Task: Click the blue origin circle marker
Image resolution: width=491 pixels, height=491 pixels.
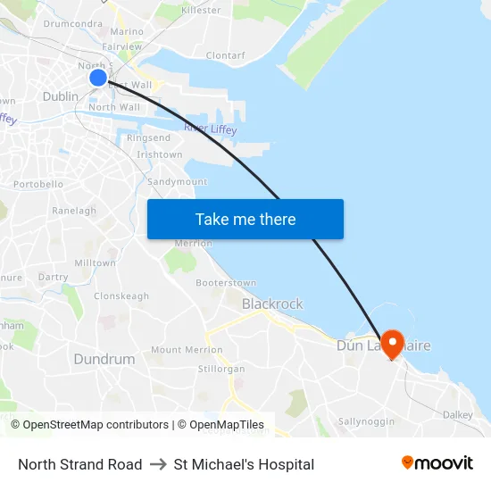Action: point(98,78)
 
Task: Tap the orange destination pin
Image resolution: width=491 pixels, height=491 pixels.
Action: point(392,344)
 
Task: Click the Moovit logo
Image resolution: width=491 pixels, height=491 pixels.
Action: point(437,463)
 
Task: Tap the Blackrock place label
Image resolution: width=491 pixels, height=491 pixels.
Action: point(272,304)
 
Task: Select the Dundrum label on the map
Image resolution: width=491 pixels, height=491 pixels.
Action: point(104,359)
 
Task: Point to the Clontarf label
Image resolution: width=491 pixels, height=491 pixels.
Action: point(225,55)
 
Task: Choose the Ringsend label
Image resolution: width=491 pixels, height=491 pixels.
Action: point(148,138)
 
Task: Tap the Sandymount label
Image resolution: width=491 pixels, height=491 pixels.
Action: point(177,181)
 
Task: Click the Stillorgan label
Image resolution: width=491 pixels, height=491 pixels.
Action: point(221,368)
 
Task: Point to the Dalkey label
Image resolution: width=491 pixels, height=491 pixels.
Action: point(458,414)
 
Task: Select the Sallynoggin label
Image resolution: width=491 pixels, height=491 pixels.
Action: point(366,420)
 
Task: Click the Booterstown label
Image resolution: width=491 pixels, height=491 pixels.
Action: point(226,283)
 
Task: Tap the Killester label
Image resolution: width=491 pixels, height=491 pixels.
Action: point(201,10)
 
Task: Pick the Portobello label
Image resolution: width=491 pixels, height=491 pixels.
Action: point(38,184)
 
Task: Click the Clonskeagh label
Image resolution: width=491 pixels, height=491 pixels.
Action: point(121,295)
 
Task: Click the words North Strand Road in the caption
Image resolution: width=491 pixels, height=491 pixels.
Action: point(80,464)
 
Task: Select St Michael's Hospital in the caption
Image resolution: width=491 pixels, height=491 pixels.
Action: point(244,464)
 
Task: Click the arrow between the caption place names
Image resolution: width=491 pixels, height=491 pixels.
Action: point(158,464)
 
